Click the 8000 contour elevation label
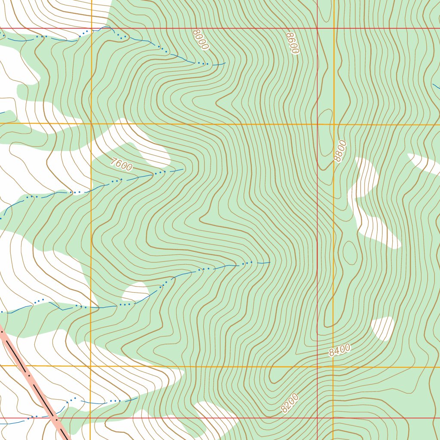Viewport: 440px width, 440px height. pyautogui.click(x=200, y=40)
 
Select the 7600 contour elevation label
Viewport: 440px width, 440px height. pyautogui.click(x=121, y=164)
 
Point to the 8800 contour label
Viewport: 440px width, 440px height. pyautogui.click(x=340, y=151)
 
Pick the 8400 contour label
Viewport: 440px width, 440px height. pyautogui.click(x=339, y=350)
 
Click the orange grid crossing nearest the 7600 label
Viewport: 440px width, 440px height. pyautogui.click(x=91, y=124)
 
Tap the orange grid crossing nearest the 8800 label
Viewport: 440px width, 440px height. pyautogui.click(x=333, y=125)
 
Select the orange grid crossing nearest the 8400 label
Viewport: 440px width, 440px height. pyautogui.click(x=333, y=367)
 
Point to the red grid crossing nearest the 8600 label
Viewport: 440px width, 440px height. pyautogui.click(x=317, y=28)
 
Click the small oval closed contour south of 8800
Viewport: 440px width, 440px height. pyautogui.click(x=349, y=253)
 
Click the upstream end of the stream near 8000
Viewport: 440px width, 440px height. pyautogui.click(x=225, y=63)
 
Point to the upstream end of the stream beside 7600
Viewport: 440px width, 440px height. pyautogui.click(x=183, y=169)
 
